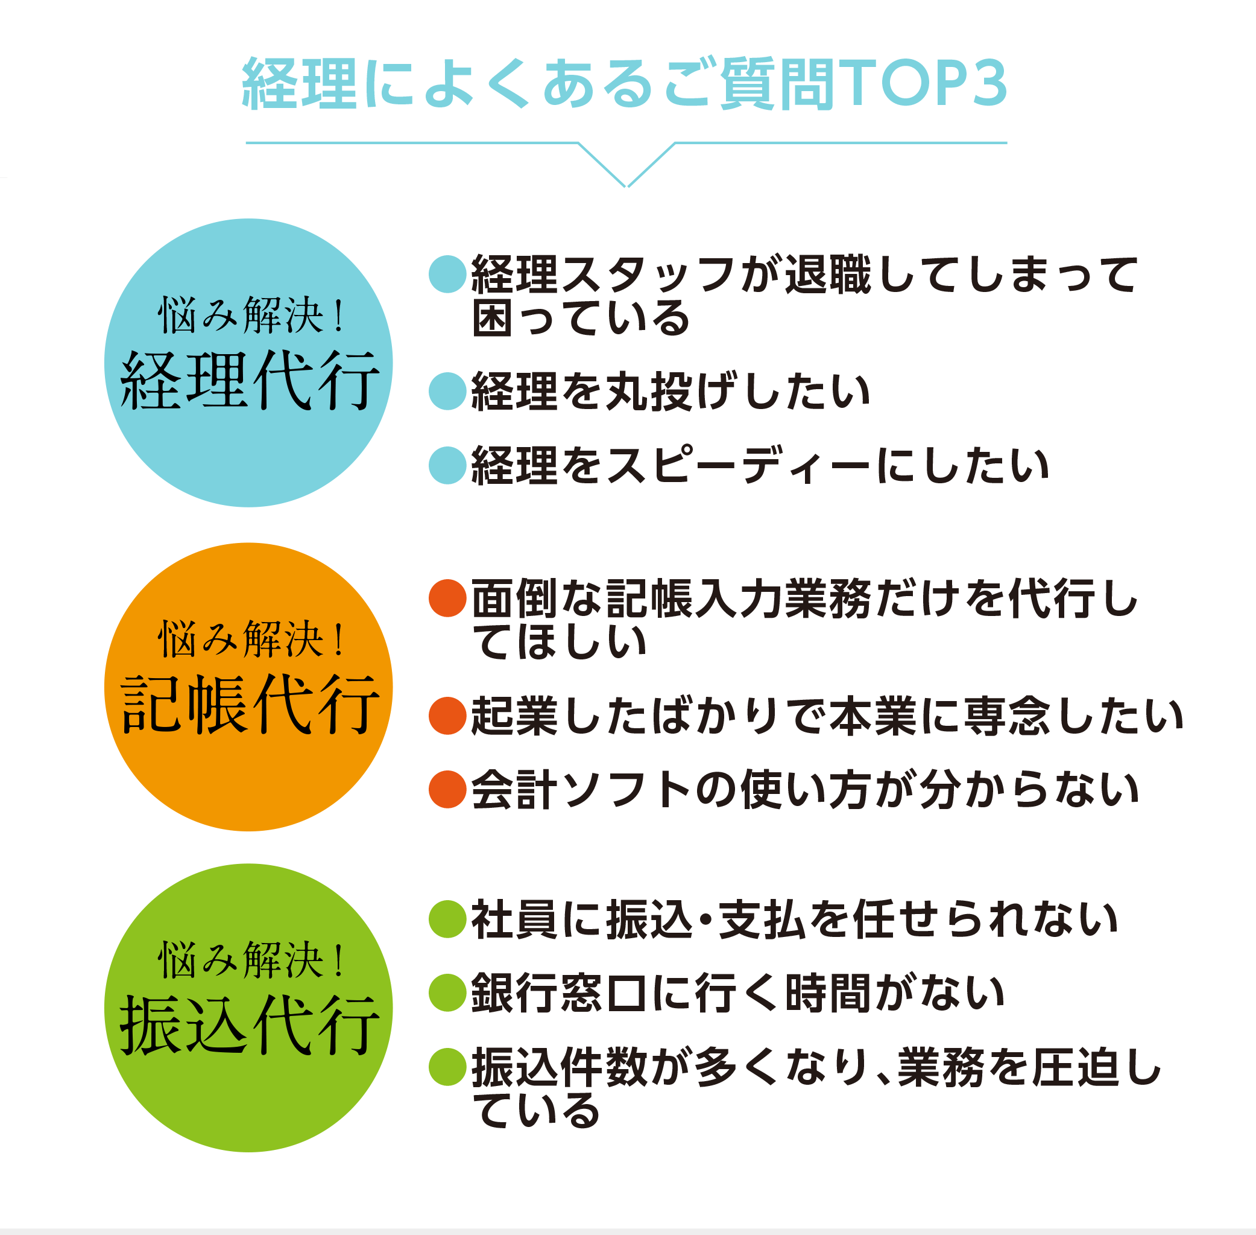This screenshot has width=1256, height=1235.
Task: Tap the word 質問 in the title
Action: click(778, 83)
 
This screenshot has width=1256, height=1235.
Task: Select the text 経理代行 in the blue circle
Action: click(250, 381)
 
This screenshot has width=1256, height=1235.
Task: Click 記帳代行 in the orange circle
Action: click(250, 705)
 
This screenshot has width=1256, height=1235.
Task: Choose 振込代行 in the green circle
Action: click(250, 1026)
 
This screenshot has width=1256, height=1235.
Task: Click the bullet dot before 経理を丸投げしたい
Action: click(448, 391)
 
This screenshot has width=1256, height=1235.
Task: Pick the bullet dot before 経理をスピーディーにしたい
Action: click(448, 465)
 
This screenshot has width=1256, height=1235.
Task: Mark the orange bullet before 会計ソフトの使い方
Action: click(448, 789)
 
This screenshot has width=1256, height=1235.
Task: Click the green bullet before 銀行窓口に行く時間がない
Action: click(448, 992)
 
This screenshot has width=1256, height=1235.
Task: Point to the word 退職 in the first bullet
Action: click(828, 275)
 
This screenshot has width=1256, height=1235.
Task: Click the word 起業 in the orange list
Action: click(514, 716)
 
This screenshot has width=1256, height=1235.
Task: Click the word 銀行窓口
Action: click(559, 993)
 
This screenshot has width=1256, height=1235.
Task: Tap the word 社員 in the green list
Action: click(514, 919)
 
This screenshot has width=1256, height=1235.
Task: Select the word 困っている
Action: click(581, 318)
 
